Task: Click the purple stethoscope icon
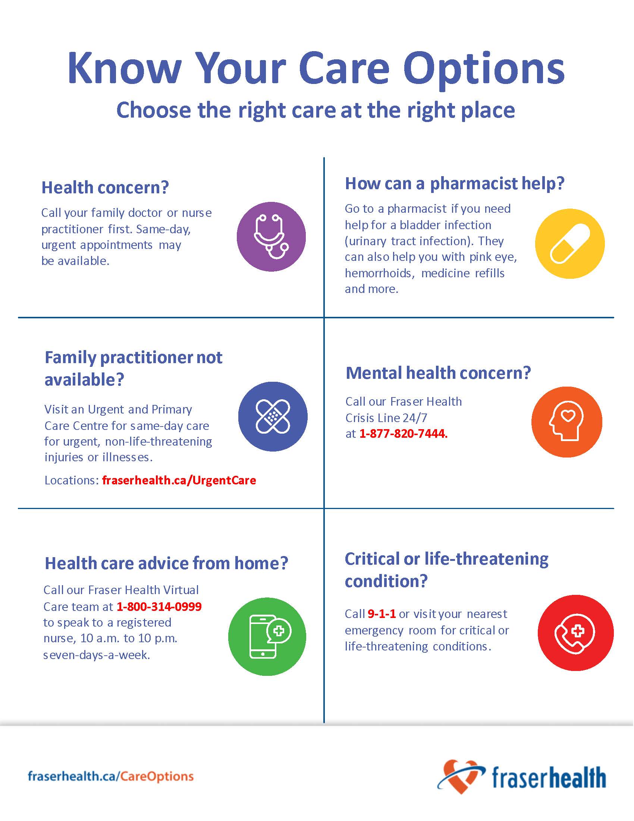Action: (271, 237)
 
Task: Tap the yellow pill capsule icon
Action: (570, 244)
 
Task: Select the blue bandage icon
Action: (273, 416)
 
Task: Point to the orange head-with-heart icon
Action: (567, 422)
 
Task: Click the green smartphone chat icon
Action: (267, 637)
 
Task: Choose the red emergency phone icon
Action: (575, 633)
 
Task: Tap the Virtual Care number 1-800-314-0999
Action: (159, 606)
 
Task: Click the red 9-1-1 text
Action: (382, 614)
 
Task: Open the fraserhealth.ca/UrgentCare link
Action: (179, 480)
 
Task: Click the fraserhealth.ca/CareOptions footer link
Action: (111, 776)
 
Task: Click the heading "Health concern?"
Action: (105, 187)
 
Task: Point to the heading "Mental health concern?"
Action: (438, 373)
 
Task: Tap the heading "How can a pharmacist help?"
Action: (455, 184)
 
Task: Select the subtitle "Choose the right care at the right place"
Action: (316, 110)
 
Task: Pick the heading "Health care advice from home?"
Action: (166, 563)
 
